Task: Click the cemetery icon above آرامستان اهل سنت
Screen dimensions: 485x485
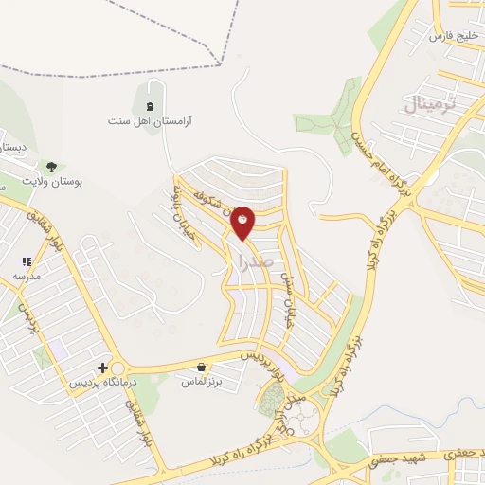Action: pyautogui.click(x=150, y=105)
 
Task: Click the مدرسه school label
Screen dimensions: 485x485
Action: pyautogui.click(x=27, y=276)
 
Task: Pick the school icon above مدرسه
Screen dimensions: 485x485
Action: pyautogui.click(x=27, y=261)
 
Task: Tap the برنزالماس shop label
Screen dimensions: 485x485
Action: pyautogui.click(x=201, y=382)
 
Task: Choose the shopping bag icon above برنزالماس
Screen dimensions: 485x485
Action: pyautogui.click(x=201, y=367)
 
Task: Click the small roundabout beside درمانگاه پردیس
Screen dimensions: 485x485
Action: pyautogui.click(x=118, y=368)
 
